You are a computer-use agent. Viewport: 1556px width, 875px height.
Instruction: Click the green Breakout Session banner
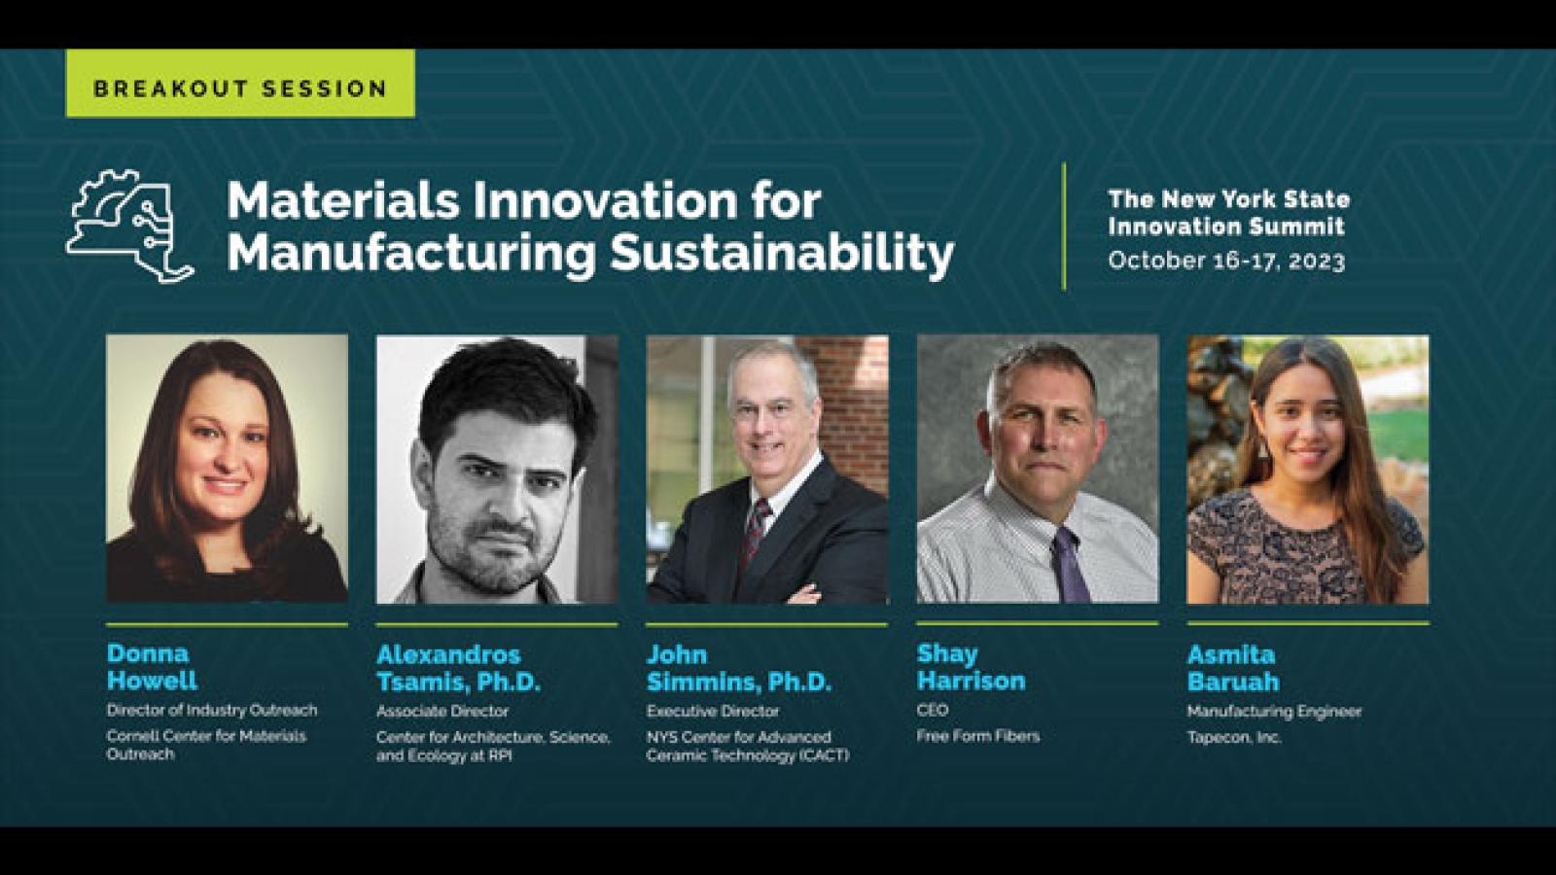[240, 84]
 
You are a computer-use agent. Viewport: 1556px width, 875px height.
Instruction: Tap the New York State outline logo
[130, 226]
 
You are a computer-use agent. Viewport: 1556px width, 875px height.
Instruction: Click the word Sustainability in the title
[782, 254]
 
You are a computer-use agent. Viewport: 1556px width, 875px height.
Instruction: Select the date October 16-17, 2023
[1226, 262]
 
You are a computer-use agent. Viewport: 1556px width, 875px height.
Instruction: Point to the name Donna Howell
[152, 667]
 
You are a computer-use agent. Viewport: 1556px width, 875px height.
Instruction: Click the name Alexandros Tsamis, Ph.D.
[458, 668]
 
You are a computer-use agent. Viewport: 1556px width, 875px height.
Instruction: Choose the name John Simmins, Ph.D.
[739, 668]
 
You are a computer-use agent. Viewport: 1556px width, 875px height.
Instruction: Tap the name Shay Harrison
[972, 667]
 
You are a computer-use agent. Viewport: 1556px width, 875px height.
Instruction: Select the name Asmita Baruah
[1233, 668]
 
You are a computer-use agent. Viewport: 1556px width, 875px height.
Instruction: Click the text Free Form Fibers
[978, 736]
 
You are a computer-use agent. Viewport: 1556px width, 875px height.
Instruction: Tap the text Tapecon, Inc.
[1234, 738]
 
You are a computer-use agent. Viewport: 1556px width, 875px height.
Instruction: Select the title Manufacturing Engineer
[1274, 712]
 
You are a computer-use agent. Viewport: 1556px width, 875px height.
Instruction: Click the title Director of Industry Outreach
[212, 711]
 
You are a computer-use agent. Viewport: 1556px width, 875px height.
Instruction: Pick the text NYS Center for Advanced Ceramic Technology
[748, 746]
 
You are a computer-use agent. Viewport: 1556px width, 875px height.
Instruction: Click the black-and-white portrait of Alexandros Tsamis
[497, 470]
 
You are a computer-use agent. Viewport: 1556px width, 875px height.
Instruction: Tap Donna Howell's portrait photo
[228, 469]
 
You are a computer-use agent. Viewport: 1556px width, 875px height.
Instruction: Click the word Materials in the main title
[343, 201]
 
